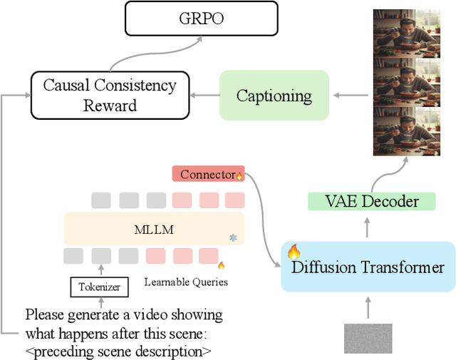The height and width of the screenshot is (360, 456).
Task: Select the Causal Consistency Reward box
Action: [109, 95]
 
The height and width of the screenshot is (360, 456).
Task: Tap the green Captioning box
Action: [274, 95]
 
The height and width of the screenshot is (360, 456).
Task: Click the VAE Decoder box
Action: [371, 202]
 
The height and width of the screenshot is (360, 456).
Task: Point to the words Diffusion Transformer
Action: [368, 268]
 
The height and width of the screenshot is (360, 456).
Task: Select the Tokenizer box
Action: [100, 288]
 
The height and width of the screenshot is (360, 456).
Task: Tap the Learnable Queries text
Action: [185, 282]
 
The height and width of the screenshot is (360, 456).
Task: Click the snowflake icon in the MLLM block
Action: [232, 237]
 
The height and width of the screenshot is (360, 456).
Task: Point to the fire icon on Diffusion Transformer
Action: [294, 252]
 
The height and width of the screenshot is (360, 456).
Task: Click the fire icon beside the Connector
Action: [239, 175]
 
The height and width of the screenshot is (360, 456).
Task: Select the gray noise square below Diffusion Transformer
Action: [368, 339]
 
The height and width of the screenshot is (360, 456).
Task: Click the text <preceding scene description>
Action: [118, 350]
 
